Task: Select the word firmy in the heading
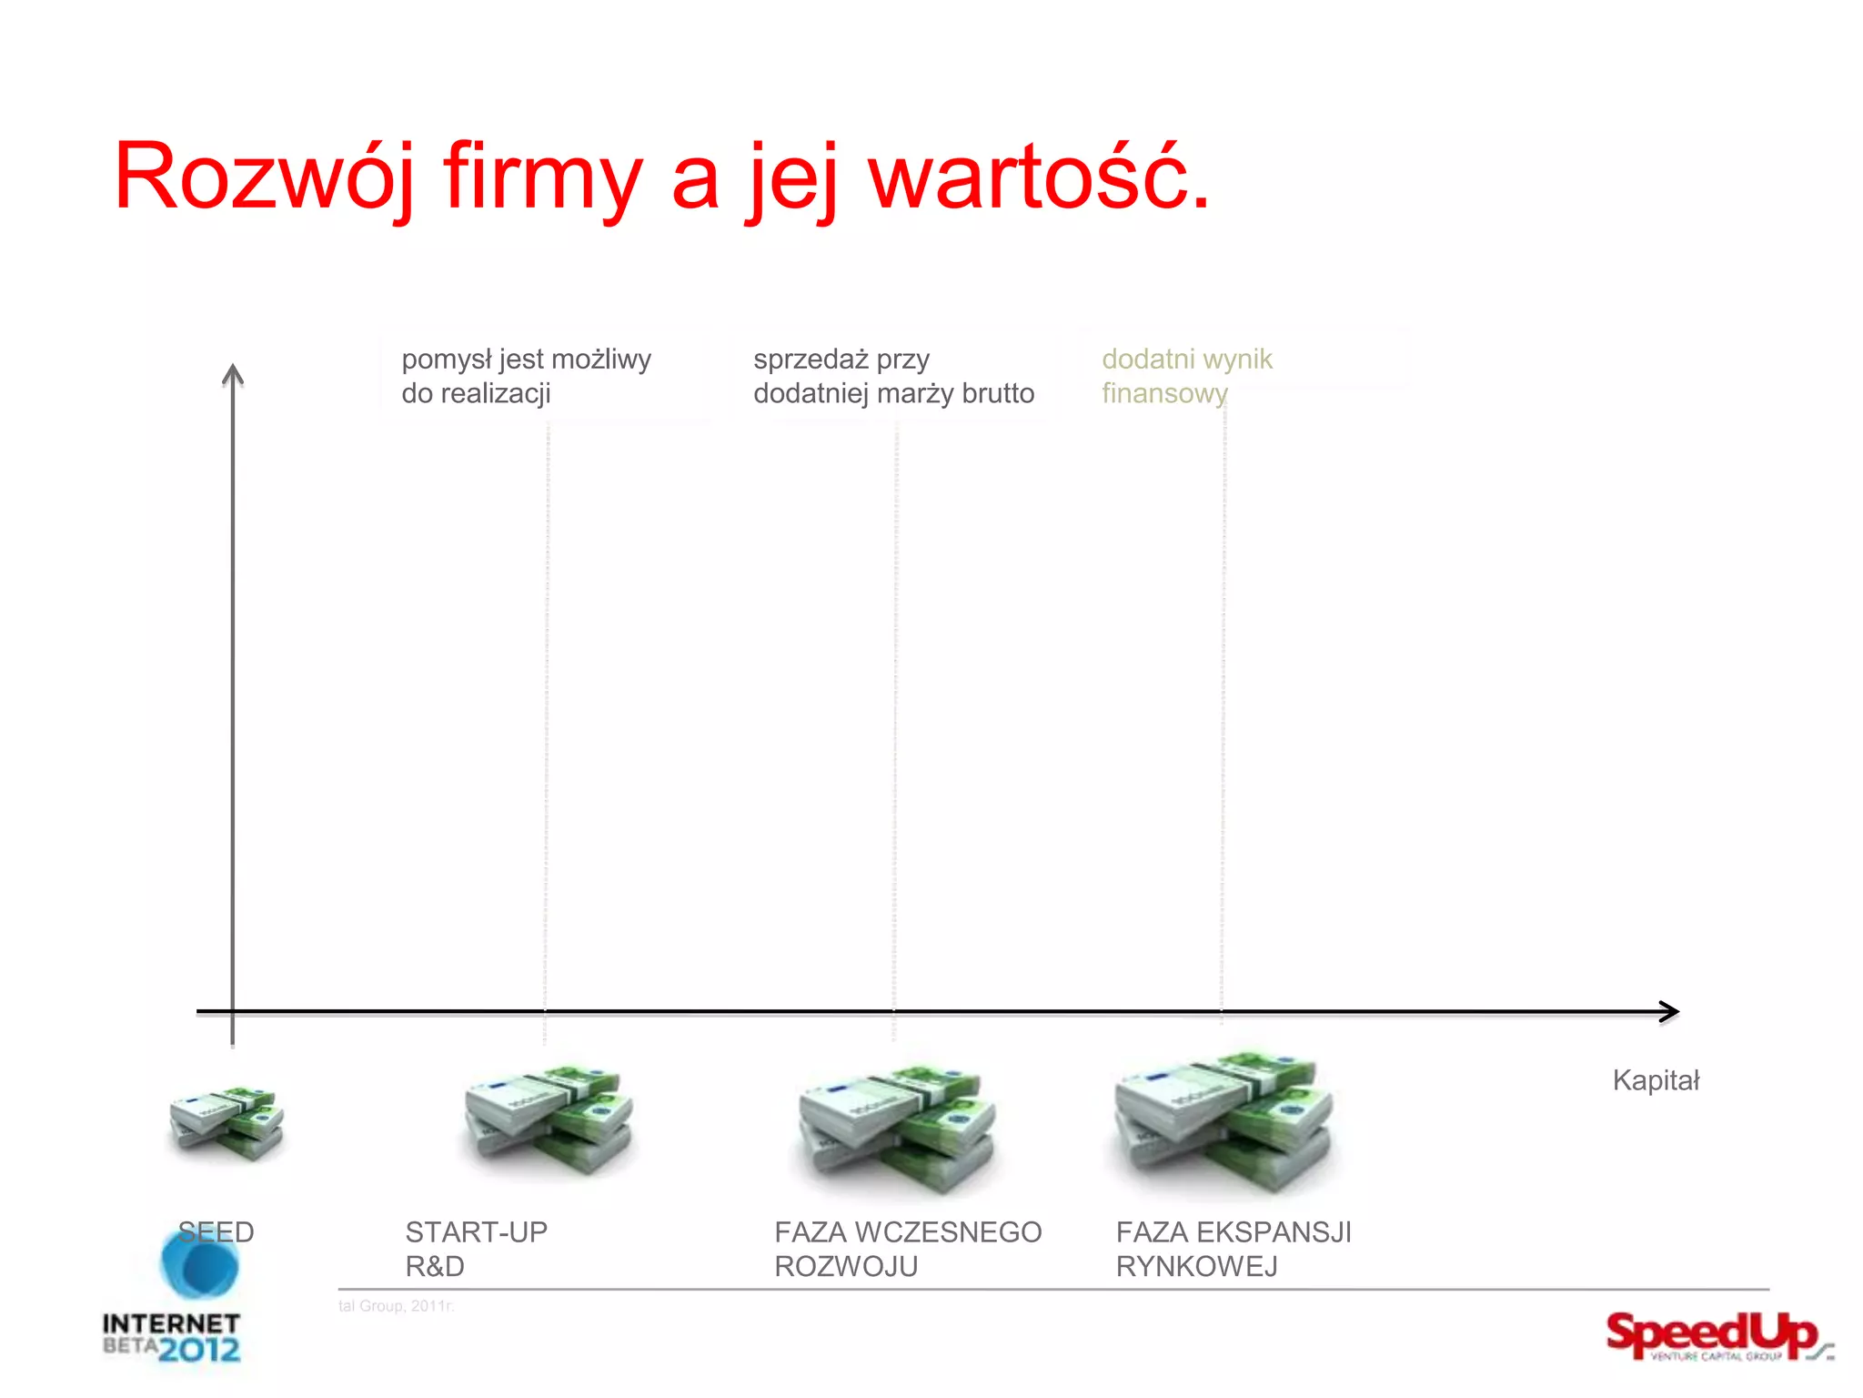click(542, 177)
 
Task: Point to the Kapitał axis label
click(1656, 1080)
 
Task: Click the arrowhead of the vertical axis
click(233, 374)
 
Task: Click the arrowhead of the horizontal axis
click(1669, 1011)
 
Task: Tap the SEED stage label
click(216, 1231)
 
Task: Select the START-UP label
click(476, 1231)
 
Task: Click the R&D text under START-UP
click(435, 1266)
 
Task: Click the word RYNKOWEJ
click(1196, 1266)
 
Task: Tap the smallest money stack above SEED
click(227, 1122)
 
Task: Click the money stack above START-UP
click(549, 1119)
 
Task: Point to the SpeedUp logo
click(1715, 1336)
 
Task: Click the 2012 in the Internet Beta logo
click(200, 1349)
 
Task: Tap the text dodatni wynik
click(1186, 360)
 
